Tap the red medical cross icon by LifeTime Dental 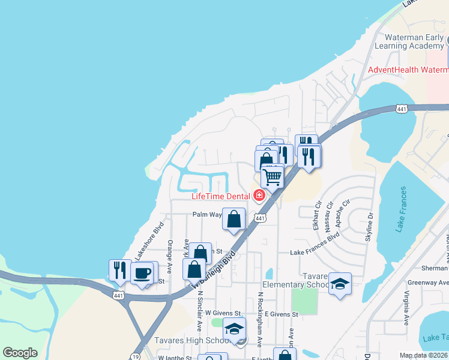point(259,196)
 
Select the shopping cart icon point(273,177)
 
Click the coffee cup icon point(142,274)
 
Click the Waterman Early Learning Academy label point(409,42)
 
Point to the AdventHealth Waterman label point(408,70)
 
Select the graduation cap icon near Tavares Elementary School point(340,284)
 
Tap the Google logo point(20,353)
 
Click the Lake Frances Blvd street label point(315,253)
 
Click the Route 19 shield point(133,356)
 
